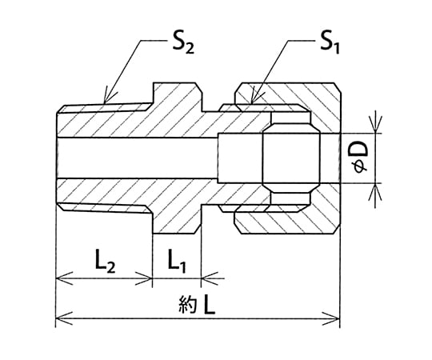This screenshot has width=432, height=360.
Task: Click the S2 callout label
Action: tap(183, 42)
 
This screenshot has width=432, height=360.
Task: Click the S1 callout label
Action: tap(330, 42)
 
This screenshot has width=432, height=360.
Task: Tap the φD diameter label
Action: tap(360, 158)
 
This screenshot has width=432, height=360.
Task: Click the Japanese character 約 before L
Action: tap(188, 305)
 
